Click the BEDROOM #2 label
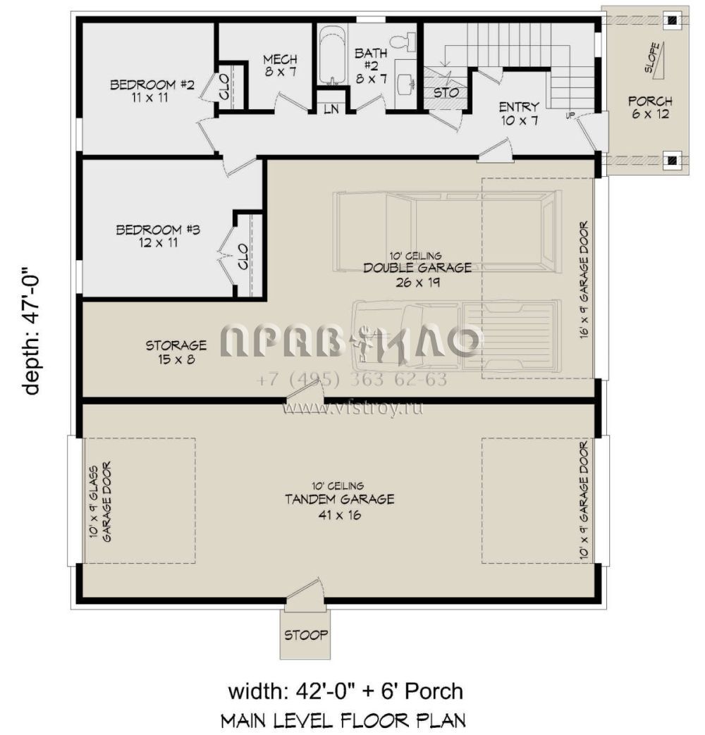pyautogui.click(x=152, y=91)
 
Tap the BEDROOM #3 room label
pyautogui.click(x=158, y=236)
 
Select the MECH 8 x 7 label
pyautogui.click(x=280, y=66)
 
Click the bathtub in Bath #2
pyautogui.click(x=333, y=55)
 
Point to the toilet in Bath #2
pyautogui.click(x=403, y=42)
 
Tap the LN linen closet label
pyautogui.click(x=331, y=110)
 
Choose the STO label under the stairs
pyautogui.click(x=446, y=92)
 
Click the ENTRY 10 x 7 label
pyautogui.click(x=519, y=113)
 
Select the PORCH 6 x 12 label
pyautogui.click(x=650, y=107)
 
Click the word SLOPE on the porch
pyautogui.click(x=652, y=57)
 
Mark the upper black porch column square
pyautogui.click(x=673, y=20)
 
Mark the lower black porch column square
pyautogui.click(x=673, y=160)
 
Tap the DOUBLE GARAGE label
pyautogui.click(x=417, y=268)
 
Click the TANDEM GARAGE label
pyautogui.click(x=340, y=499)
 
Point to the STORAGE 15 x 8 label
pyautogui.click(x=176, y=352)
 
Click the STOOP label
pyautogui.click(x=306, y=635)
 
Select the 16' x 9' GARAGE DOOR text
pyautogui.click(x=584, y=280)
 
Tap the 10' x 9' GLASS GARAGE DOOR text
pyautogui.click(x=100, y=502)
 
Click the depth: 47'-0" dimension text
pyautogui.click(x=32, y=331)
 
